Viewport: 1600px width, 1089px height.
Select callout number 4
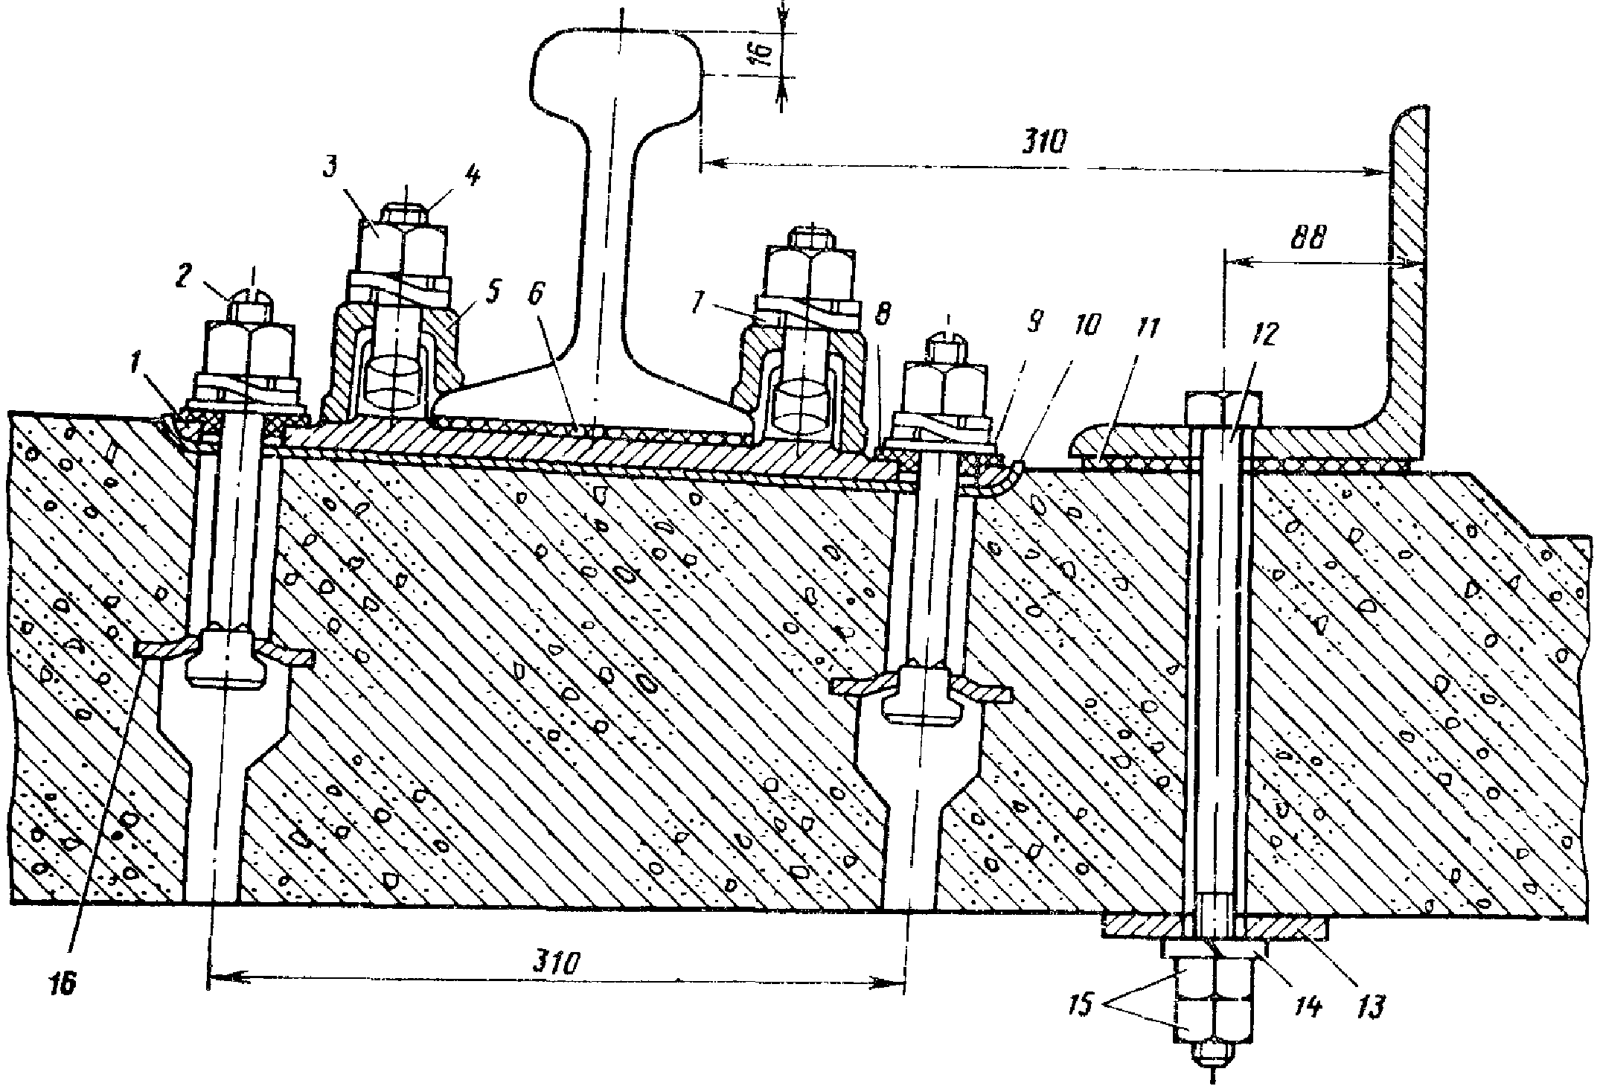pyautogui.click(x=471, y=177)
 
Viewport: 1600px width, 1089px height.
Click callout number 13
pyautogui.click(x=1371, y=1007)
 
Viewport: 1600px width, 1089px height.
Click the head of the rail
pyautogui.click(x=617, y=67)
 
